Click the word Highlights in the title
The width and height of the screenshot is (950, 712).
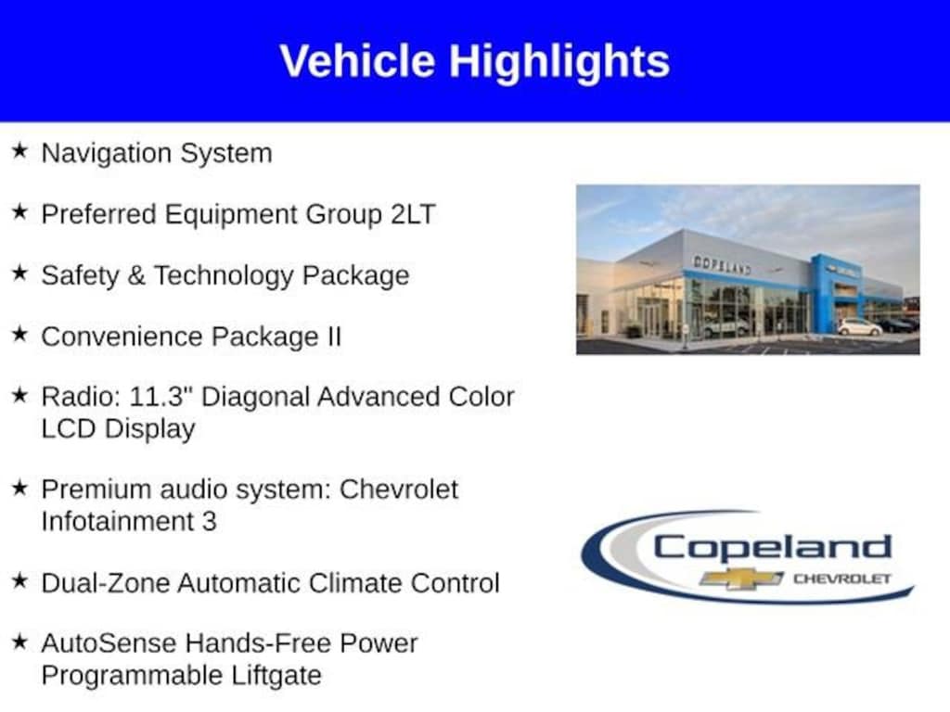(559, 62)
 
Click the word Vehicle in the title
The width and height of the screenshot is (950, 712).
(357, 61)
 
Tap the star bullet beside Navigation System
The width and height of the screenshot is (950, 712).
(20, 150)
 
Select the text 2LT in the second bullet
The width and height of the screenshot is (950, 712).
(413, 214)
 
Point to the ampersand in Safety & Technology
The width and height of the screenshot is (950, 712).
(136, 275)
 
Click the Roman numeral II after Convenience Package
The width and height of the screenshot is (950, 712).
(334, 337)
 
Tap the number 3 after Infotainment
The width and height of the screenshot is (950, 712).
(209, 521)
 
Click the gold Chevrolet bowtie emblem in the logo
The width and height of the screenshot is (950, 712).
(741, 578)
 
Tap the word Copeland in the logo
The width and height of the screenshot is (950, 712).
(773, 547)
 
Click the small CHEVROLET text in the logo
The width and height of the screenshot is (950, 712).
(842, 578)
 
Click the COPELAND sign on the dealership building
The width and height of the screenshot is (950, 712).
(722, 264)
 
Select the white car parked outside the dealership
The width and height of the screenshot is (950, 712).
(860, 327)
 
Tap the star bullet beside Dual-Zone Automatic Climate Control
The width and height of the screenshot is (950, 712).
(20, 580)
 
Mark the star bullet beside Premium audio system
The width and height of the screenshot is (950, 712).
(20, 487)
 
